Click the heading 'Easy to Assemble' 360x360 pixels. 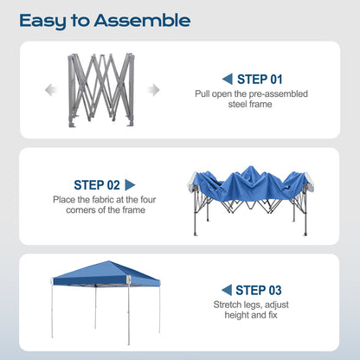[x=105, y=19]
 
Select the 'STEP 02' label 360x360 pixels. [x=96, y=184]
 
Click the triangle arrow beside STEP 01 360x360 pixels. [x=227, y=78]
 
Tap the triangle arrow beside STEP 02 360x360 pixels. [x=131, y=184]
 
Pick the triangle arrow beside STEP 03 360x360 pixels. [x=227, y=289]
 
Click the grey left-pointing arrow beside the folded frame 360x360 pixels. [x=49, y=90]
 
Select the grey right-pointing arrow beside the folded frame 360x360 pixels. [x=154, y=90]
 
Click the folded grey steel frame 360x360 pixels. [x=101, y=90]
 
